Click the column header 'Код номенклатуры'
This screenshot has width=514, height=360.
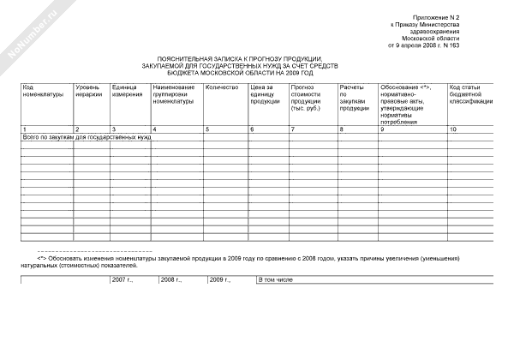[x=42, y=91]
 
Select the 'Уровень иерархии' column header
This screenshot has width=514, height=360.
[x=88, y=91]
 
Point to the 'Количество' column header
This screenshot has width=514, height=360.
[x=221, y=87]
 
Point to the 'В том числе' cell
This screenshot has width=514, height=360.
[x=276, y=279]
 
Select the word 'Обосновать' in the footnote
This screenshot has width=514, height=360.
[x=67, y=257]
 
